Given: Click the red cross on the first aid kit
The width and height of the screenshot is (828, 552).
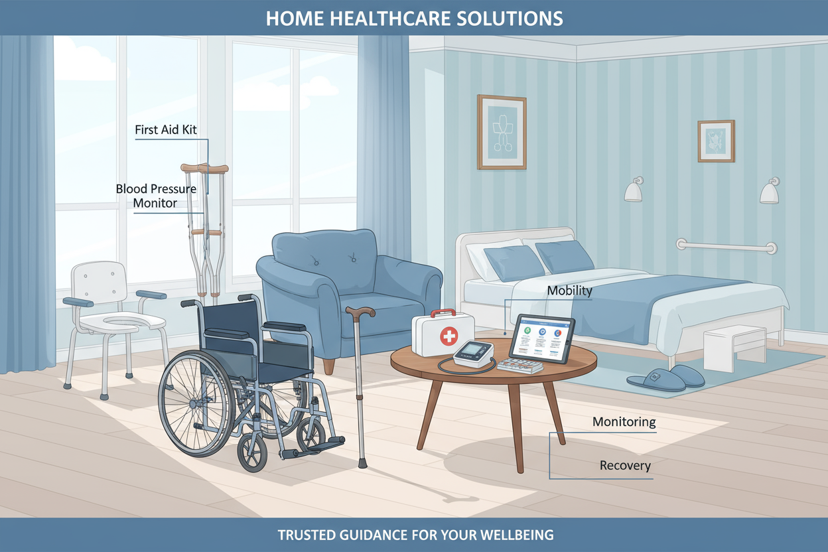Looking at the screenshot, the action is (449, 336).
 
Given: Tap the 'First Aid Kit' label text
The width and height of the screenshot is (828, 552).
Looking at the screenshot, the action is (166, 130).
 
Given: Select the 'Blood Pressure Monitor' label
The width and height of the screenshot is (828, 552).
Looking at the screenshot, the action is (156, 196).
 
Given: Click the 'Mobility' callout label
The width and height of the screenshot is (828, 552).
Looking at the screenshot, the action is (569, 291).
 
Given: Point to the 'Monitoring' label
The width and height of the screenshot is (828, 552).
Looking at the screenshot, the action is (624, 422).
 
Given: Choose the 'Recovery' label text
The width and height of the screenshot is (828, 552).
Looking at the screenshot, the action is (625, 465).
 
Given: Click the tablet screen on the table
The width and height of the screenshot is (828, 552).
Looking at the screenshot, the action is (542, 338).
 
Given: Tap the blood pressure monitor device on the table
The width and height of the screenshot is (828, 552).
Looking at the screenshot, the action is (474, 354).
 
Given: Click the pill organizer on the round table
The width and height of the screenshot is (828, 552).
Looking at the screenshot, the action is (520, 366).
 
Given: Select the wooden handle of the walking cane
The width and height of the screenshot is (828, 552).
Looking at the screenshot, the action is (360, 312).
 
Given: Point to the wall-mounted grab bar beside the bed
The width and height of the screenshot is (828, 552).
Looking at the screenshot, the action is (726, 246).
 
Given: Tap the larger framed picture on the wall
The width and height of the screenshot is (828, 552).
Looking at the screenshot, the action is (502, 132).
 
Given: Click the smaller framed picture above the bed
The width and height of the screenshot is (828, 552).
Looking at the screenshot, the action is (716, 141).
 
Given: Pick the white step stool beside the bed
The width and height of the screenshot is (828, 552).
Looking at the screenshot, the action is (734, 348).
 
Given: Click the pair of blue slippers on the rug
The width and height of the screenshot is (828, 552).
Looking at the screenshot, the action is (665, 377).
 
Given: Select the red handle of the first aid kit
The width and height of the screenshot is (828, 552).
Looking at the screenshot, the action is (443, 312).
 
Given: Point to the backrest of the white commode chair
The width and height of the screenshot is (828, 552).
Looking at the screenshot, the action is (99, 283).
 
